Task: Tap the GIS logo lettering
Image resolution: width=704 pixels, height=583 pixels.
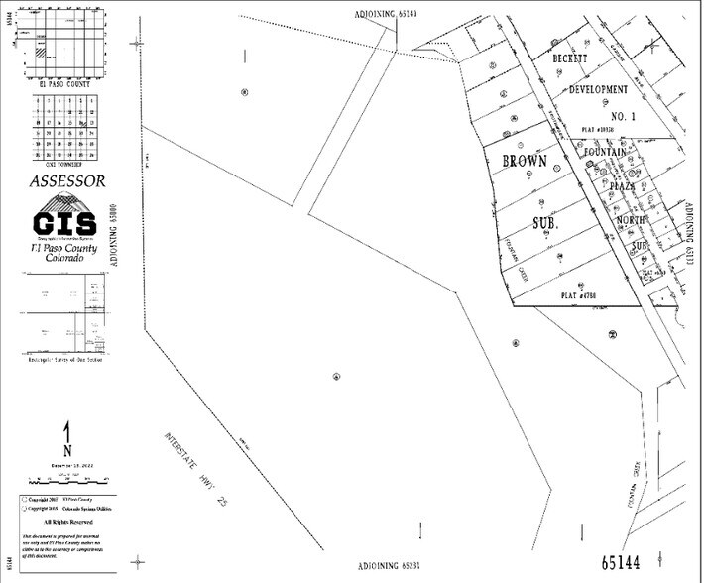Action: pyautogui.click(x=64, y=221)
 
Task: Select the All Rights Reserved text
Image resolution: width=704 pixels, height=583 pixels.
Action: pyautogui.click(x=66, y=521)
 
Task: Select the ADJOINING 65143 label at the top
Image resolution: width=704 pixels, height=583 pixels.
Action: pyautogui.click(x=385, y=13)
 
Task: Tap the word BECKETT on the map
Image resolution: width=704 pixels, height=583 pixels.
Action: pyautogui.click(x=572, y=58)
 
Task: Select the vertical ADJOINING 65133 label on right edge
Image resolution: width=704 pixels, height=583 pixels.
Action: pyautogui.click(x=688, y=237)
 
